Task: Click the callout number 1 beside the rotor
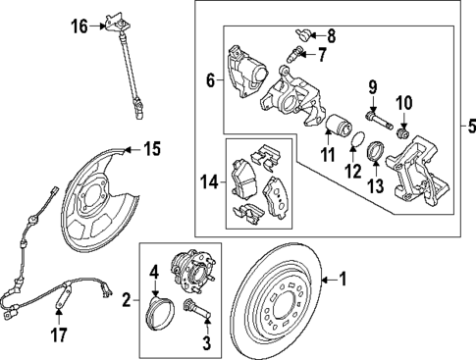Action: click(343, 279)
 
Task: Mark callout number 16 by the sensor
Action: click(79, 27)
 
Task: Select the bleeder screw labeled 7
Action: click(295, 50)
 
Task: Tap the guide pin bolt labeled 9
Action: click(379, 125)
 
